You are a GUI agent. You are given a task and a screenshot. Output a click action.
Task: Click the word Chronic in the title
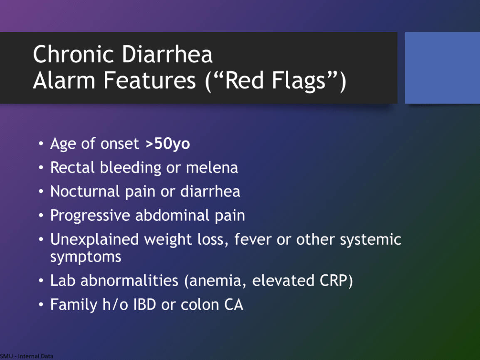[74, 54]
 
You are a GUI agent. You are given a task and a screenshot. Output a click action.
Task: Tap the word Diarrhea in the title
[167, 54]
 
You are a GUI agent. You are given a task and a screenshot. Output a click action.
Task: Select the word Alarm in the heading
[64, 80]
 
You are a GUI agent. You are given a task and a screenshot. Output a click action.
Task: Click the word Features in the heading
[149, 80]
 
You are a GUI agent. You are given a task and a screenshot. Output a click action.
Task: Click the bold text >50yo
[168, 144]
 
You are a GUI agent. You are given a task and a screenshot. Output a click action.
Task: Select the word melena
[212, 168]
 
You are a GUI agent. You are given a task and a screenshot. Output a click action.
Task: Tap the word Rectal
[72, 168]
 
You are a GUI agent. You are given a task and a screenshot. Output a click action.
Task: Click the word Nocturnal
[85, 192]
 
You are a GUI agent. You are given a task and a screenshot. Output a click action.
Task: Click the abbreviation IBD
[145, 305]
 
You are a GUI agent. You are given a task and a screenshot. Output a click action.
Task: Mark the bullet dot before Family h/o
[41, 305]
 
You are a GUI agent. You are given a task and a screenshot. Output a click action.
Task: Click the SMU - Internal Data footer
[27, 356]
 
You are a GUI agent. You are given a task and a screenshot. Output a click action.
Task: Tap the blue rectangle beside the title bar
[442, 68]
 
